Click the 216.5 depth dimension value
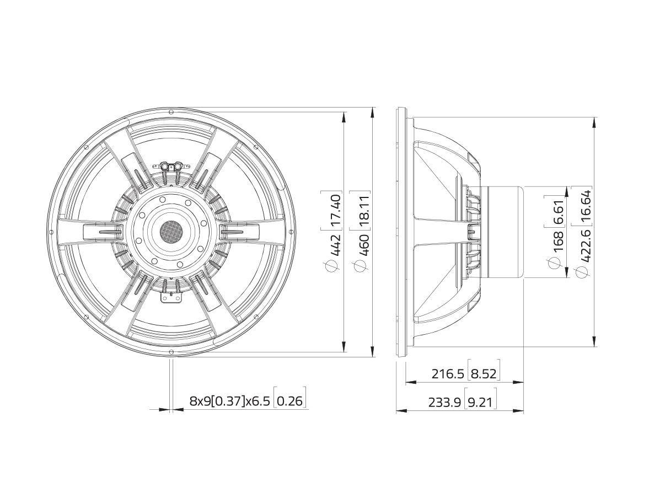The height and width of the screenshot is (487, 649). click(x=448, y=374)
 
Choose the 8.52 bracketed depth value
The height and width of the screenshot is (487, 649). click(x=483, y=374)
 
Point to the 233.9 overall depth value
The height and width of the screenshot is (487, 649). click(x=444, y=403)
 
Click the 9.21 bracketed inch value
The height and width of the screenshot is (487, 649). click(x=480, y=403)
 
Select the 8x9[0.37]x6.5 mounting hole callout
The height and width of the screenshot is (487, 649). click(x=230, y=401)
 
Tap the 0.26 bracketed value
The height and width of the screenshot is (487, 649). click(x=289, y=401)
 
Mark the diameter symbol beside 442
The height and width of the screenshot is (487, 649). click(x=332, y=266)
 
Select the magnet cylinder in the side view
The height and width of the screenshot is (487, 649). click(x=502, y=232)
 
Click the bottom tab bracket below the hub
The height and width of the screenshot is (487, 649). click(x=170, y=297)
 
